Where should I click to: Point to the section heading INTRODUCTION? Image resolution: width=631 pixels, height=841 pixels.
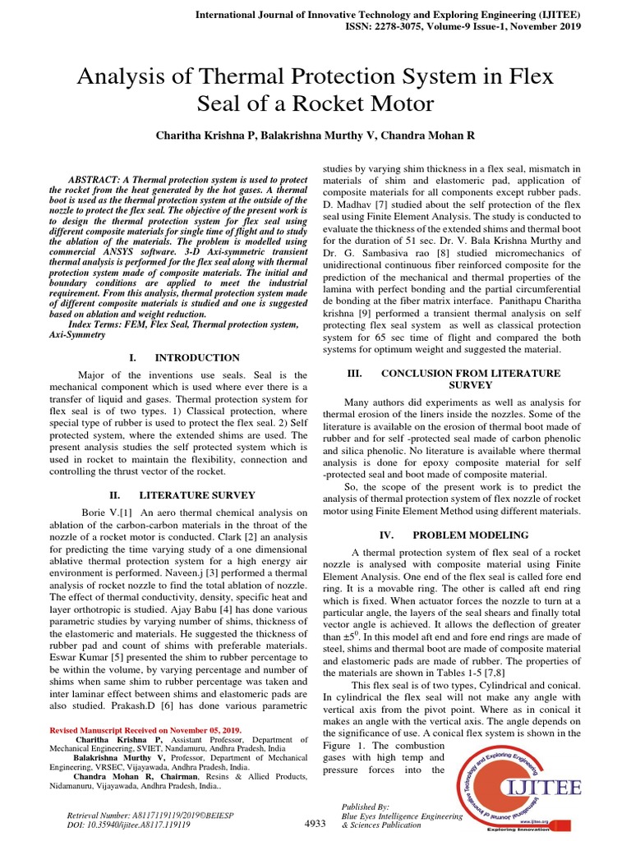pyautogui.click(x=197, y=357)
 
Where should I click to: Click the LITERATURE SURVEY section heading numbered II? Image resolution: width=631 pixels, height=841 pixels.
pyautogui.click(x=196, y=495)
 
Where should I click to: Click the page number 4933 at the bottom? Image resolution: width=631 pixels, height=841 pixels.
pyautogui.click(x=315, y=823)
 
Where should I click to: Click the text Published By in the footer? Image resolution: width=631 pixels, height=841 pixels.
pyautogui.click(x=365, y=807)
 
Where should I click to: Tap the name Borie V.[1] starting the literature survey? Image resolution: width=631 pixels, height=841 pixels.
pyautogui.click(x=104, y=512)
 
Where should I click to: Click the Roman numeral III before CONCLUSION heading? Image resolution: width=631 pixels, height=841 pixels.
pyautogui.click(x=355, y=373)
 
